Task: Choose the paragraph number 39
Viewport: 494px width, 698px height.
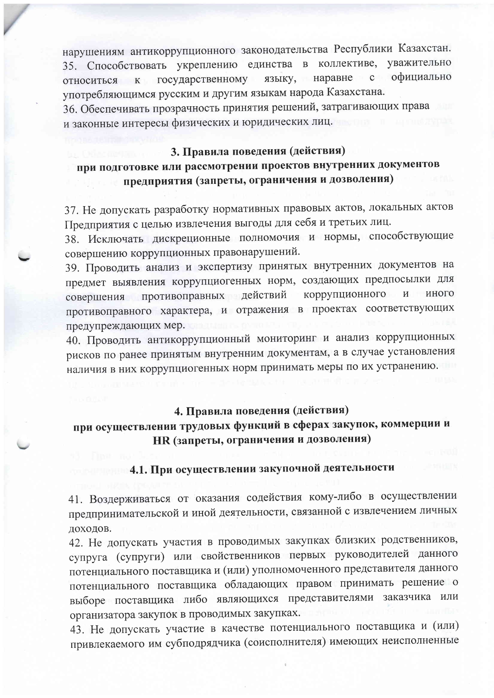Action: (x=73, y=267)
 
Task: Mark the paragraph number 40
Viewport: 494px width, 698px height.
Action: (x=74, y=340)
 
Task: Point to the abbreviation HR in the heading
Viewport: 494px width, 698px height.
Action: (x=161, y=440)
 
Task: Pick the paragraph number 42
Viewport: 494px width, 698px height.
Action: (x=76, y=542)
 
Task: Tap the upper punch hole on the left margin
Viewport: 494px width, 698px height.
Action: (x=24, y=256)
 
